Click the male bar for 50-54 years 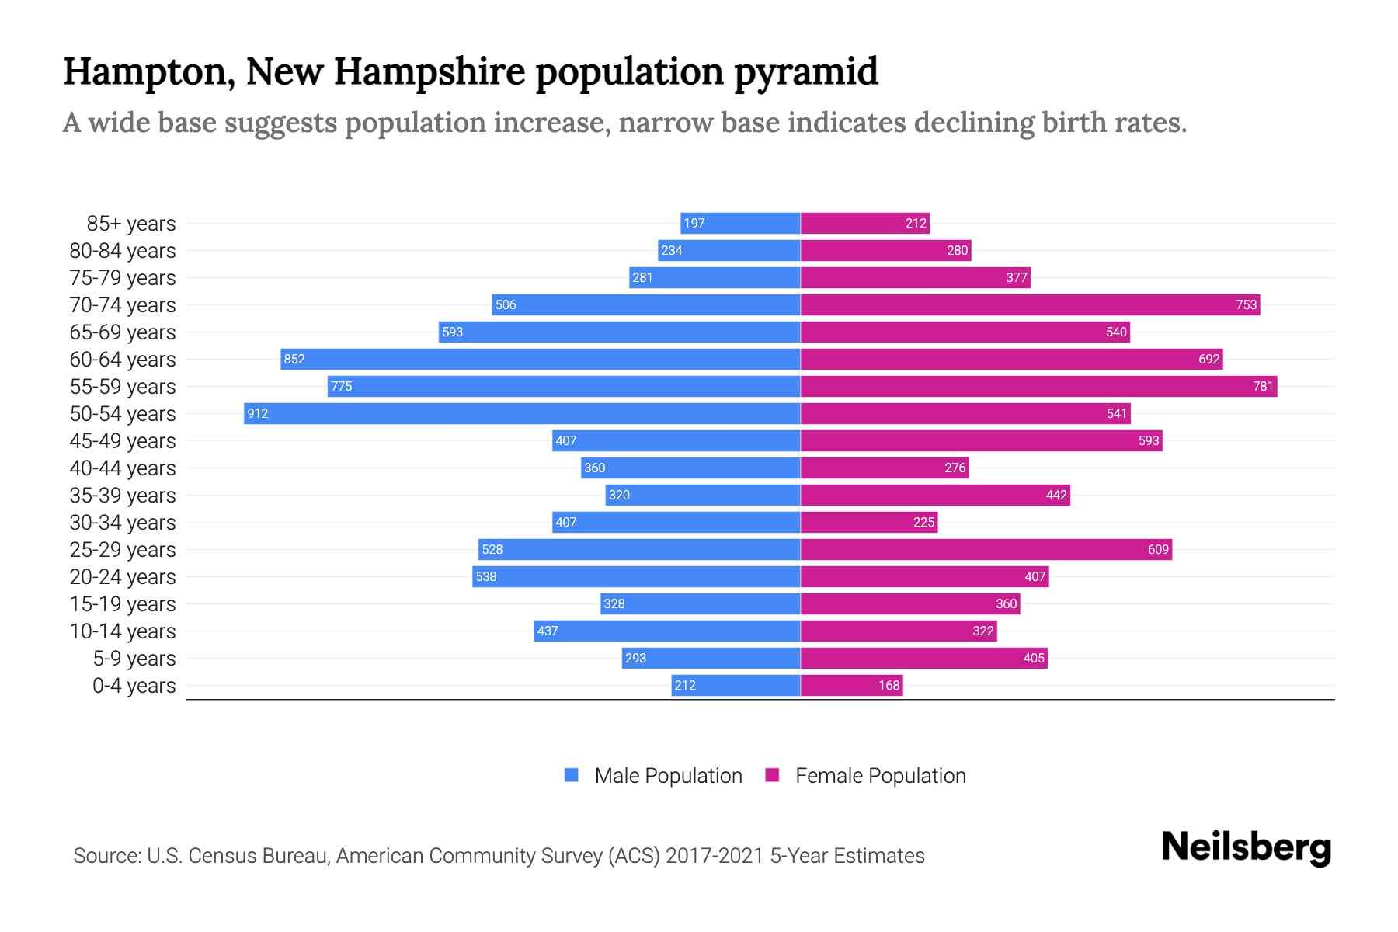coord(522,413)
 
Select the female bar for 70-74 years coord(1030,304)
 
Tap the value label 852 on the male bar coord(294,359)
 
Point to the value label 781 coord(1263,386)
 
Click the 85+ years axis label coord(131,224)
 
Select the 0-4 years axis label coord(134,686)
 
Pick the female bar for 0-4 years coord(852,685)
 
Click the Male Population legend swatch coord(572,775)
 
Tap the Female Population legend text coord(880,776)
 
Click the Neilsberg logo coord(1246,847)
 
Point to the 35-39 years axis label coord(123,496)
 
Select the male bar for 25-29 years coord(639,549)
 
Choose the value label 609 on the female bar coord(1157,549)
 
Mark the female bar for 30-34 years coord(869,522)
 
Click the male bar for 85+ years coord(740,223)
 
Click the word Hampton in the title coord(148,71)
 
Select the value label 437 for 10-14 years coord(548,631)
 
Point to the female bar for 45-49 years coord(981,440)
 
